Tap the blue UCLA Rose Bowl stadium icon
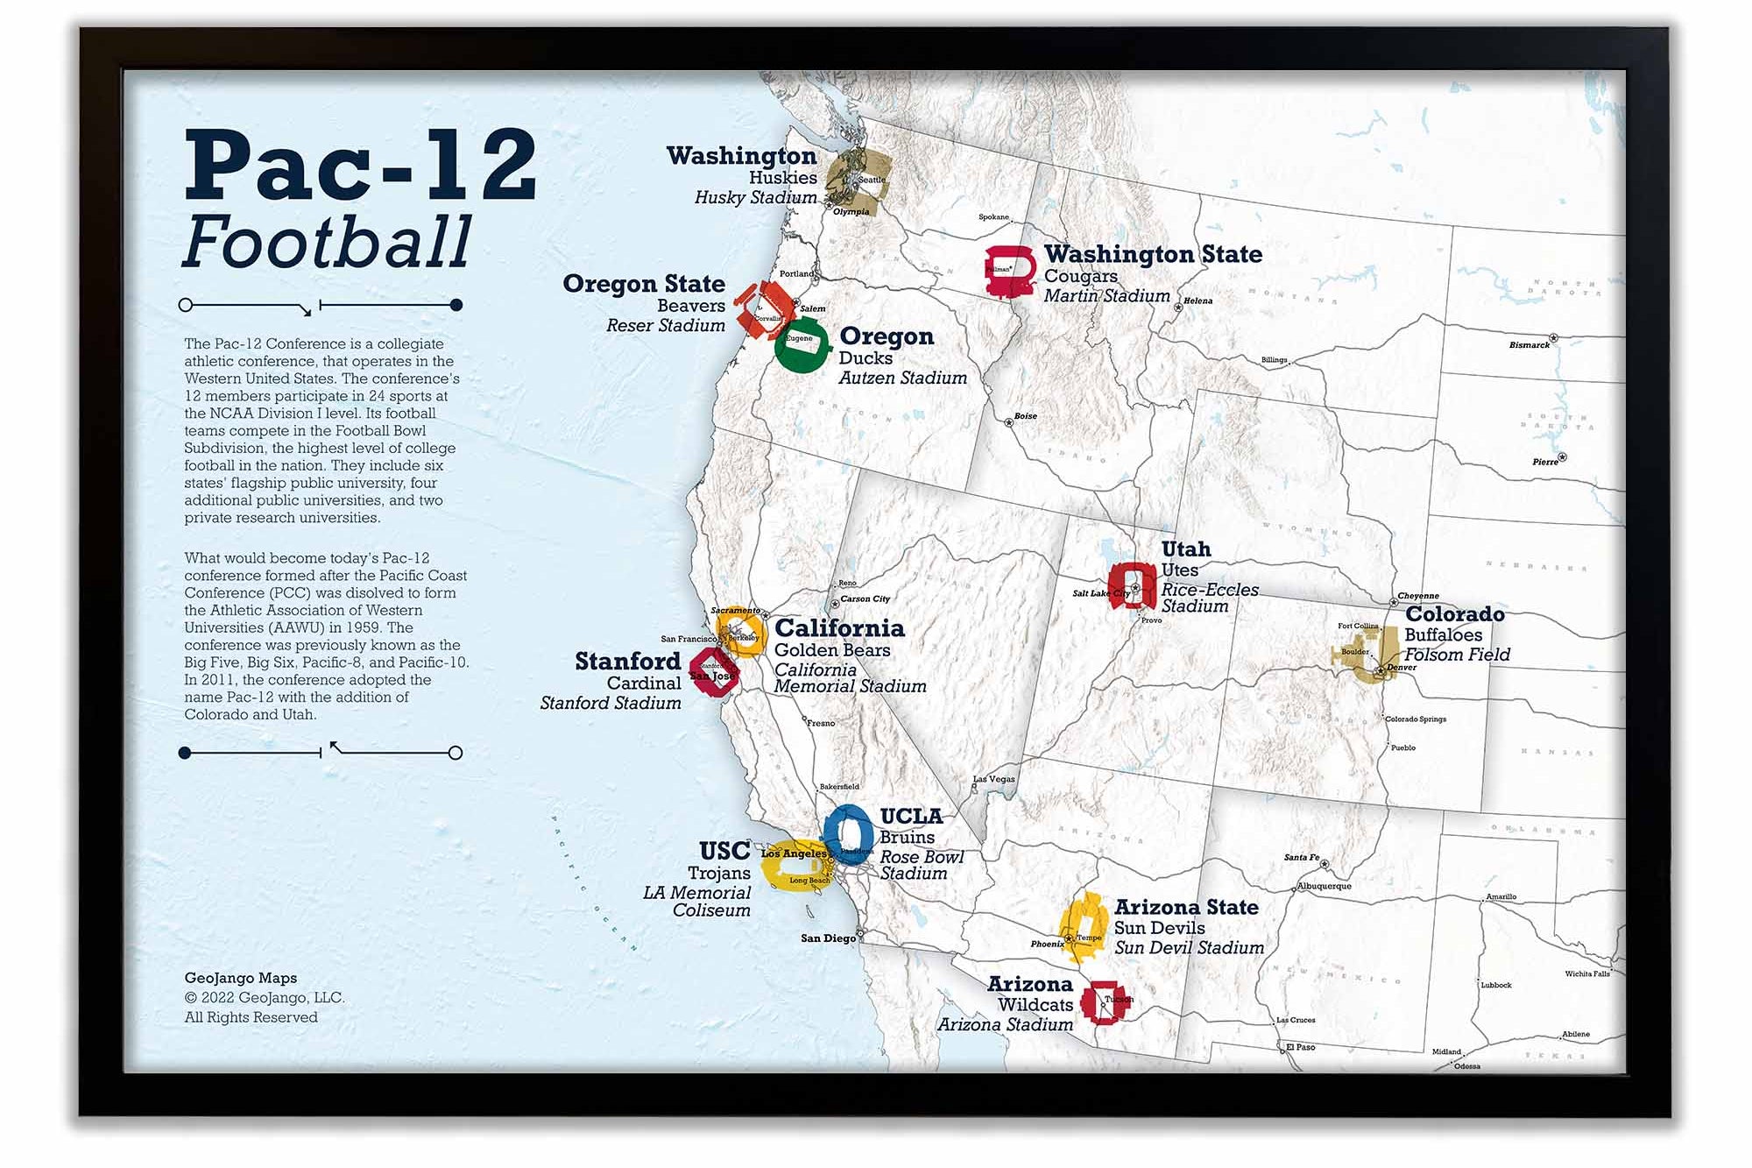point(848,834)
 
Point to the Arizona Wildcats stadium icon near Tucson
point(1103,1002)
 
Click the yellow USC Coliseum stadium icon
point(794,866)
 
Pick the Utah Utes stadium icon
point(1132,585)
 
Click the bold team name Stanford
point(627,661)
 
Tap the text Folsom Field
point(1457,655)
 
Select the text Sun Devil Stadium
point(1189,947)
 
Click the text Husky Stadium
point(755,197)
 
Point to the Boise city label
point(1025,416)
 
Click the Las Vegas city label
point(994,778)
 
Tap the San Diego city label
point(828,938)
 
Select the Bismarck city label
point(1529,345)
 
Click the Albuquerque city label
point(1324,886)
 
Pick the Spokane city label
point(993,216)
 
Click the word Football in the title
point(327,243)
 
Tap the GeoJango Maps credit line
point(240,978)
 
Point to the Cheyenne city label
point(1417,596)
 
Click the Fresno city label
point(821,723)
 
